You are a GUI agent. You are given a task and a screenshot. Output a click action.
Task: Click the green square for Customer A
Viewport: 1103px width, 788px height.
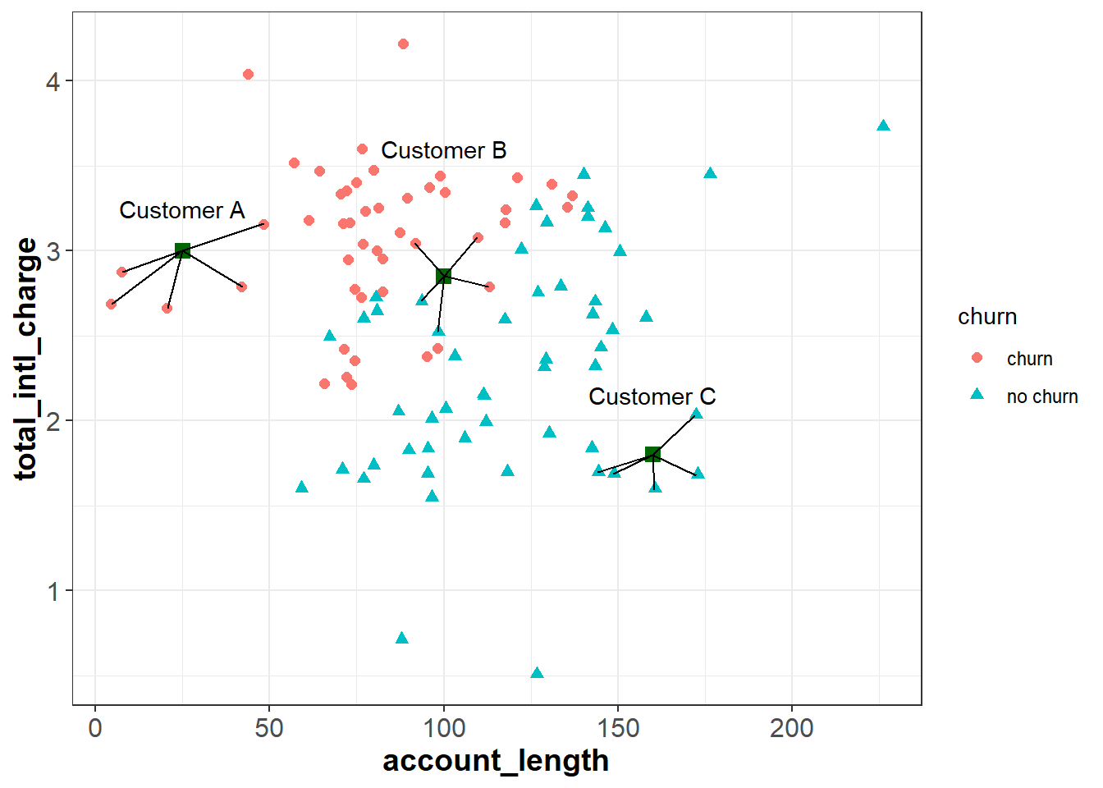coord(182,250)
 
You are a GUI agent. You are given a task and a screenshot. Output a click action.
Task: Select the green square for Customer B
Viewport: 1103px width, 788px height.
coord(443,276)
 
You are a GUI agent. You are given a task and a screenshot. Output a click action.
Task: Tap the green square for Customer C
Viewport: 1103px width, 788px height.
coord(652,454)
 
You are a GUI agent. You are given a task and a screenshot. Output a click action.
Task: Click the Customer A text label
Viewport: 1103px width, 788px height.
coord(181,211)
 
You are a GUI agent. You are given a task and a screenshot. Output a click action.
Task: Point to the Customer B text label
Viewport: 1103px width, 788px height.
coord(443,151)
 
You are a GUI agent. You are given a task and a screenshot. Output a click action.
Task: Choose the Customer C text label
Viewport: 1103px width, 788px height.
coord(652,397)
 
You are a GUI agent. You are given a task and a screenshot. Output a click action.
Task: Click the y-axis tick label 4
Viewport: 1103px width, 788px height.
coord(53,81)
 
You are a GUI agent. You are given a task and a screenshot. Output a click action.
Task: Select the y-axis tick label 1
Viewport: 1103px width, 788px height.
coord(53,591)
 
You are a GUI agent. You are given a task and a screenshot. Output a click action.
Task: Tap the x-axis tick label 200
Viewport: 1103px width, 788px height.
coord(791,728)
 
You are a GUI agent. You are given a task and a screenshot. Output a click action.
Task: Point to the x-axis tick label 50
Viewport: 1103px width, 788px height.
coord(269,728)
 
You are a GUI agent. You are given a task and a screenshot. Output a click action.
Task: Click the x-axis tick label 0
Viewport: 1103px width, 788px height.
coord(95,728)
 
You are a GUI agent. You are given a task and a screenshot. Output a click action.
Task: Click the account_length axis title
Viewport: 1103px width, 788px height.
coord(496,761)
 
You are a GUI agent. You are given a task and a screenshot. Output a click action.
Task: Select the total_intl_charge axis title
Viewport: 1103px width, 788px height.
coord(26,359)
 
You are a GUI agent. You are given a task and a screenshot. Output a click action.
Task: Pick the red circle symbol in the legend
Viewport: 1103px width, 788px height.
coord(977,358)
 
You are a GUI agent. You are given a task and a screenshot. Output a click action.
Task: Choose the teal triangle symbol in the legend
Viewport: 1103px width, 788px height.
coord(977,395)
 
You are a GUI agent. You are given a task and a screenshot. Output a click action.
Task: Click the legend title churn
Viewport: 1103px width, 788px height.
coord(986,317)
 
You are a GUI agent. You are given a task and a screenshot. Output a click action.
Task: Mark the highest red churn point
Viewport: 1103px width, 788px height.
coord(403,44)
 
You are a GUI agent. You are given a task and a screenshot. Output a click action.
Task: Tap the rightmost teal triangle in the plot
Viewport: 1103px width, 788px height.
coord(883,126)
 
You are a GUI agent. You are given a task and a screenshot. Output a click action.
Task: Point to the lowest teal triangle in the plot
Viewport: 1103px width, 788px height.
coord(537,673)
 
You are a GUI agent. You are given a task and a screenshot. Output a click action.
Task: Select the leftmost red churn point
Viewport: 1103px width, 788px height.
coord(111,305)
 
